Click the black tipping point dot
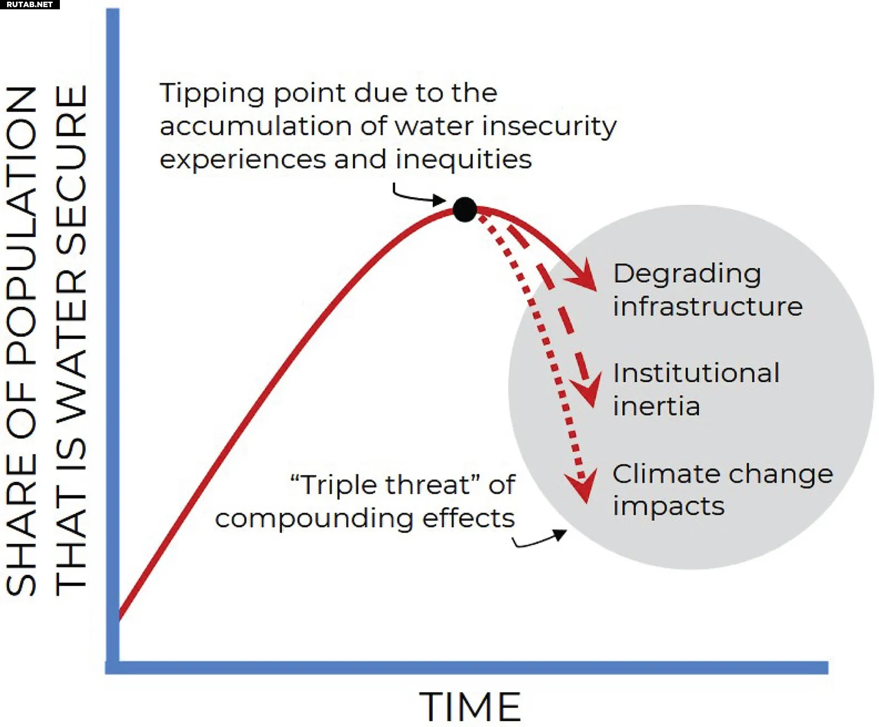click(x=465, y=210)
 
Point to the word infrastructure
click(x=708, y=306)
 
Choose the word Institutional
click(x=696, y=373)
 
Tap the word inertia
click(x=657, y=406)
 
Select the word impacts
click(x=669, y=506)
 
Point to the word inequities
click(x=463, y=160)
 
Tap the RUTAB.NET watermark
click(x=30, y=4)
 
